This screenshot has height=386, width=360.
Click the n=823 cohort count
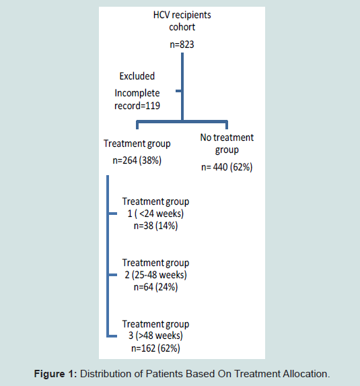click(x=182, y=44)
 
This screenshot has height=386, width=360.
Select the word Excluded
click(x=137, y=76)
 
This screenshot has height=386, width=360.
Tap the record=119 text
click(x=137, y=106)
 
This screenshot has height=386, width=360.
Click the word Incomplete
click(x=137, y=93)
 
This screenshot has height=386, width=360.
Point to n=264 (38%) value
click(x=137, y=160)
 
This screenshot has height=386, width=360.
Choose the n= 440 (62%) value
click(x=227, y=167)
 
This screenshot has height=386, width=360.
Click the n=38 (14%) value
click(x=155, y=226)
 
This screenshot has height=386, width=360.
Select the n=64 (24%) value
click(x=155, y=287)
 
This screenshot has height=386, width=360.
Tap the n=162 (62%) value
click(x=155, y=348)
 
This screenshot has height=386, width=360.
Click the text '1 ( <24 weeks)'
click(x=155, y=214)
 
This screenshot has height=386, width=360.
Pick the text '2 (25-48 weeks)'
click(x=155, y=275)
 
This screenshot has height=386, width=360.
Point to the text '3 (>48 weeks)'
click(x=155, y=335)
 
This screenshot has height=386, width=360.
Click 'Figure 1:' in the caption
click(x=56, y=374)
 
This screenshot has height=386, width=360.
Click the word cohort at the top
click(x=182, y=27)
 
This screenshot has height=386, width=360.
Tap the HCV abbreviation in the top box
click(x=161, y=15)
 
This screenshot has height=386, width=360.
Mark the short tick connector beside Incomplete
click(x=179, y=91)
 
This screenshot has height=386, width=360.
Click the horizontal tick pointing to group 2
click(x=112, y=275)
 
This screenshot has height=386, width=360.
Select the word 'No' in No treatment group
click(x=206, y=137)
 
